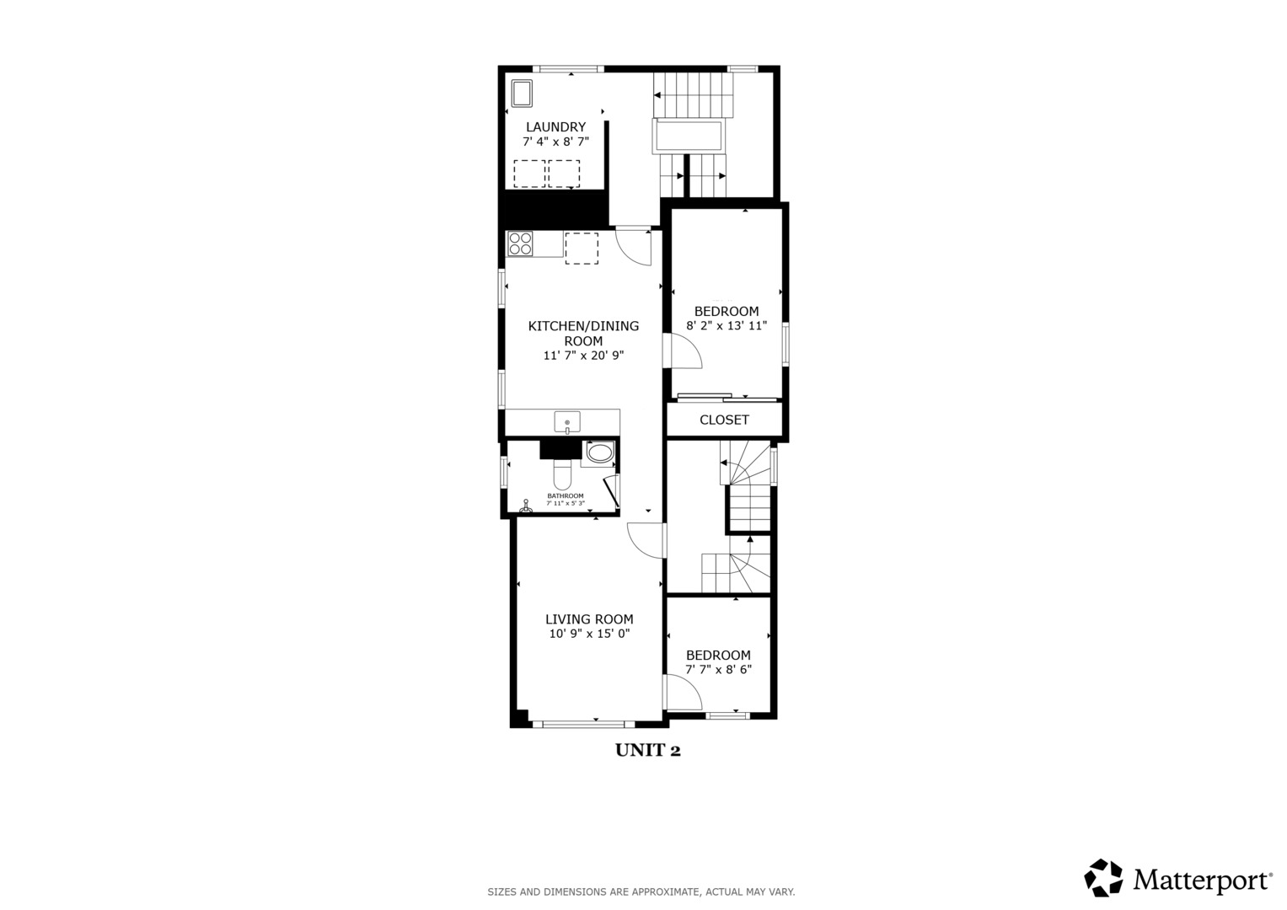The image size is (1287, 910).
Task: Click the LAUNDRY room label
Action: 555,127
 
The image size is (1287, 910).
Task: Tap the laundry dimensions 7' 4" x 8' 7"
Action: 555,142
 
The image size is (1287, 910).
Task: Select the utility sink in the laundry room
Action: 520,93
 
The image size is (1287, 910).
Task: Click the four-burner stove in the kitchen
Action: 520,244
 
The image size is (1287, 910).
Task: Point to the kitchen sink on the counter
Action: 567,421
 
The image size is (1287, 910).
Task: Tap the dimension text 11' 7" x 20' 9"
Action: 583,356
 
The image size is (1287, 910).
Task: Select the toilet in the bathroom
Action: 562,474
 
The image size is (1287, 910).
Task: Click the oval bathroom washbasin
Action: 600,453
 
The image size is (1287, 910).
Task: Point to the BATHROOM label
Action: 565,495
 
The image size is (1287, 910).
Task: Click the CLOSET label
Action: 724,420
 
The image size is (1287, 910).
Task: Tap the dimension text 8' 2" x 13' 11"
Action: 727,325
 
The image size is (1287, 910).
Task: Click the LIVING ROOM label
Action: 589,619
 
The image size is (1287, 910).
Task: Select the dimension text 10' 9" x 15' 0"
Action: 589,634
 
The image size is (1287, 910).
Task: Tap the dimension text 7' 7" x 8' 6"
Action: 718,670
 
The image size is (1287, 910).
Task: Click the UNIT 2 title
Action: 647,750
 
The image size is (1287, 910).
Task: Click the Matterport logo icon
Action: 1103,878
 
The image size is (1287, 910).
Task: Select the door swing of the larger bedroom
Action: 684,351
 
